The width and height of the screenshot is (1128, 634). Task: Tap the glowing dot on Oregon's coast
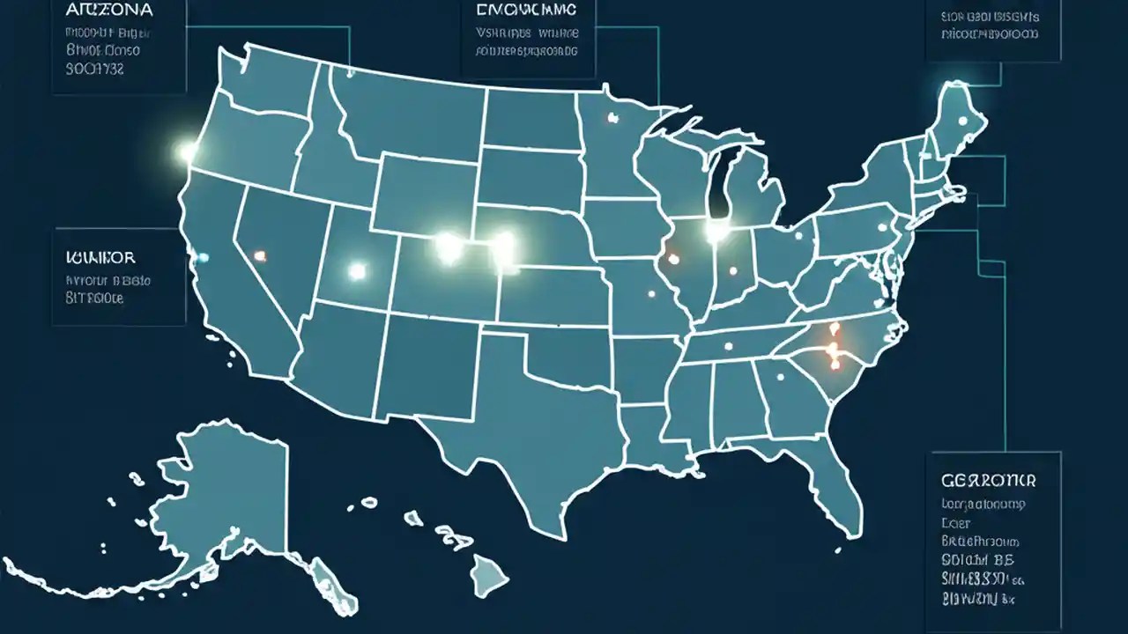tap(187, 152)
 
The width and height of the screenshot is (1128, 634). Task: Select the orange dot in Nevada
tap(259, 255)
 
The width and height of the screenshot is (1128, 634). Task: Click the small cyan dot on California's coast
tap(204, 257)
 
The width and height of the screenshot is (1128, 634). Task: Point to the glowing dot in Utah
tap(357, 271)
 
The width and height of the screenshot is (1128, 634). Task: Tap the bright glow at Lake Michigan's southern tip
tap(717, 231)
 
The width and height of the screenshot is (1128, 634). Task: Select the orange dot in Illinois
tap(673, 259)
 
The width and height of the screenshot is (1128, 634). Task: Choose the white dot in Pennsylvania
tap(880, 225)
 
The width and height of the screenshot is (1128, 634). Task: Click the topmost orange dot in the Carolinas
tap(835, 330)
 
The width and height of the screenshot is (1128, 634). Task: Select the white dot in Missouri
tap(651, 294)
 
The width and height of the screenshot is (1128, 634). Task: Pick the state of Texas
tap(511, 431)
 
